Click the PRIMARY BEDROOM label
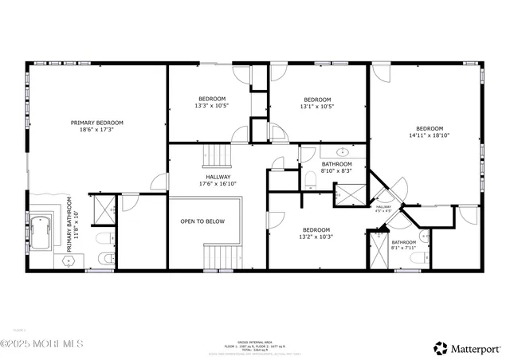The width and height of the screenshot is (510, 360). pos(96,123)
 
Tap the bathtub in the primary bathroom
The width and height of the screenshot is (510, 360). pos(41,230)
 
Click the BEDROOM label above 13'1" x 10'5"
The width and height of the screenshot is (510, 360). pos(316,99)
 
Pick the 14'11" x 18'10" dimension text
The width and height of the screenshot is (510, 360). pos(430,136)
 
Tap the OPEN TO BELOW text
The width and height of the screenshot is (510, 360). pos(202,221)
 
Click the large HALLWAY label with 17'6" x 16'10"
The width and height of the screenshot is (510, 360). pos(218,177)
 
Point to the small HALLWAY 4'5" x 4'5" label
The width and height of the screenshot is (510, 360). pos(383,209)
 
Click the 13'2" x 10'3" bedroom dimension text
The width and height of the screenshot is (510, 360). pos(315,237)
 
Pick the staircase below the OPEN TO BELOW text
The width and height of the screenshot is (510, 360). pos(222,256)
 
